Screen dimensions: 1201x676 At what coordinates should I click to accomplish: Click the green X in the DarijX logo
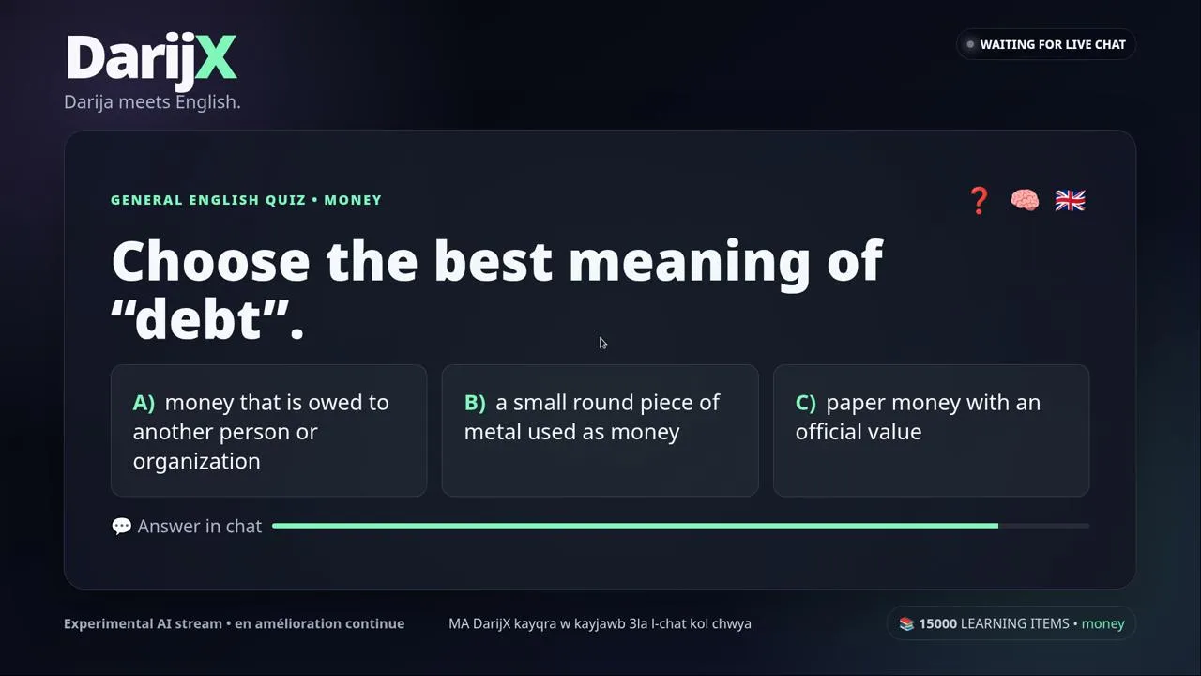216,57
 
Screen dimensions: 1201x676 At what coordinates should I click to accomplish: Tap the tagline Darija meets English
152,102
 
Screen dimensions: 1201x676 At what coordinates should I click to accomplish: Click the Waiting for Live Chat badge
1045,44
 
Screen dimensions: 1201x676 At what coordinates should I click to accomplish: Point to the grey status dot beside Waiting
970,44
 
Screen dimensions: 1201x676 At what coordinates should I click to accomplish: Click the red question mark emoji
979,201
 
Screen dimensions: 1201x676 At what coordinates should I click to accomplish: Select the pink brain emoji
1025,200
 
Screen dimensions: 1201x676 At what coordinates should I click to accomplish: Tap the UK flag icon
1071,201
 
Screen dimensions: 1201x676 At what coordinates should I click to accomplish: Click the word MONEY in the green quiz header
353,200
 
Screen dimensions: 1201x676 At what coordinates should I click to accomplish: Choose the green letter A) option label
144,403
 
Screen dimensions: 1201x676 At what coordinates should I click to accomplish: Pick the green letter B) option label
475,403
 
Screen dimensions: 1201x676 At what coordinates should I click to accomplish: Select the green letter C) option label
806,403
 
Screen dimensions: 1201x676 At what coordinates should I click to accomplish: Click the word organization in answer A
197,462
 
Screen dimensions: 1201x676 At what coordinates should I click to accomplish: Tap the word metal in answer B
492,432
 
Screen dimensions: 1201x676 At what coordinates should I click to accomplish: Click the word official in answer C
834,432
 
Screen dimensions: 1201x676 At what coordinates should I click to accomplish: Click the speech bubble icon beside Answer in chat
122,526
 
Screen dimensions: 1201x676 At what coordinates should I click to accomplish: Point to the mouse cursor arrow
603,344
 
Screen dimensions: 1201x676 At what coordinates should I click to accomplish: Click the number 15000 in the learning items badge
937,623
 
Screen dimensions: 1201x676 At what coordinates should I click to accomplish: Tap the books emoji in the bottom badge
906,623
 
